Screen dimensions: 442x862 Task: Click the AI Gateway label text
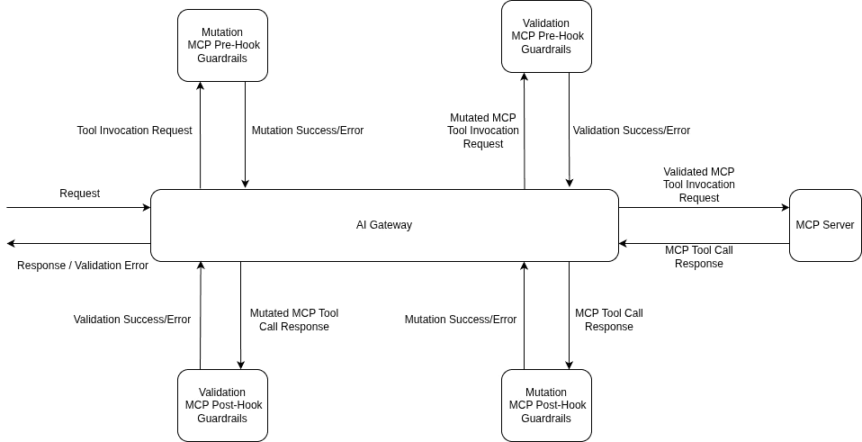coord(384,225)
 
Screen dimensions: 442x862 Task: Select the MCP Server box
coord(824,225)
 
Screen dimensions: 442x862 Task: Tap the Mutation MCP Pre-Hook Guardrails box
coord(222,45)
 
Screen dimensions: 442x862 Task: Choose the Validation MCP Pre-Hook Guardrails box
coord(546,36)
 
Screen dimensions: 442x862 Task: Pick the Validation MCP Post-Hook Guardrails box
coord(222,405)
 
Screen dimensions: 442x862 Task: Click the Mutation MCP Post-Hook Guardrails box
coord(546,405)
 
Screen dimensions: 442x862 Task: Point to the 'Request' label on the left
coord(79,194)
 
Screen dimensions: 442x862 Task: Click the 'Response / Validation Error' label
coord(83,266)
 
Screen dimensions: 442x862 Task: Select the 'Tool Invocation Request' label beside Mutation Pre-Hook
coord(134,131)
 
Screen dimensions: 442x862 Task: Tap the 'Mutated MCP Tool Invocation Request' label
coord(483,131)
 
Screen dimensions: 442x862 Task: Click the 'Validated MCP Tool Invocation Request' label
coord(698,185)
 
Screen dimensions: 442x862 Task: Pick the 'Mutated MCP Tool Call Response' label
coord(293,320)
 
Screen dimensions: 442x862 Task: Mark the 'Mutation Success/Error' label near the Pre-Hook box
coord(308,131)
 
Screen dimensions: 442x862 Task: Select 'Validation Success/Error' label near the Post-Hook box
coord(132,320)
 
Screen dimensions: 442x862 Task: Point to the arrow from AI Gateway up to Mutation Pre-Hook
coord(201,135)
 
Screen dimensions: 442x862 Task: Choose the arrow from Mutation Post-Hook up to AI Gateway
coord(524,315)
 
